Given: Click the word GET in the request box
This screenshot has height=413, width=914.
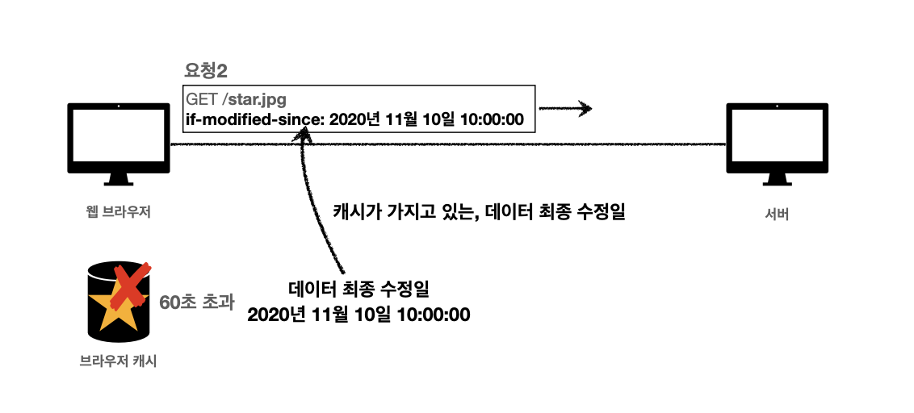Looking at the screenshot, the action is [201, 100].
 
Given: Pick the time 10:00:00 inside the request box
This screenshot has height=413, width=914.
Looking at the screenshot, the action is [493, 119].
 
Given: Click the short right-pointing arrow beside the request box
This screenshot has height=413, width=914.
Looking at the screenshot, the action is [565, 108].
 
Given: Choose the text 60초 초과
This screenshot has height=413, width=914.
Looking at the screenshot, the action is [197, 303].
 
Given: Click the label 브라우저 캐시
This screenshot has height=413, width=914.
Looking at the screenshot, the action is [118, 361].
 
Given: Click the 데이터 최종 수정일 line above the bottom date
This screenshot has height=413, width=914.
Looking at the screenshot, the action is [358, 290].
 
